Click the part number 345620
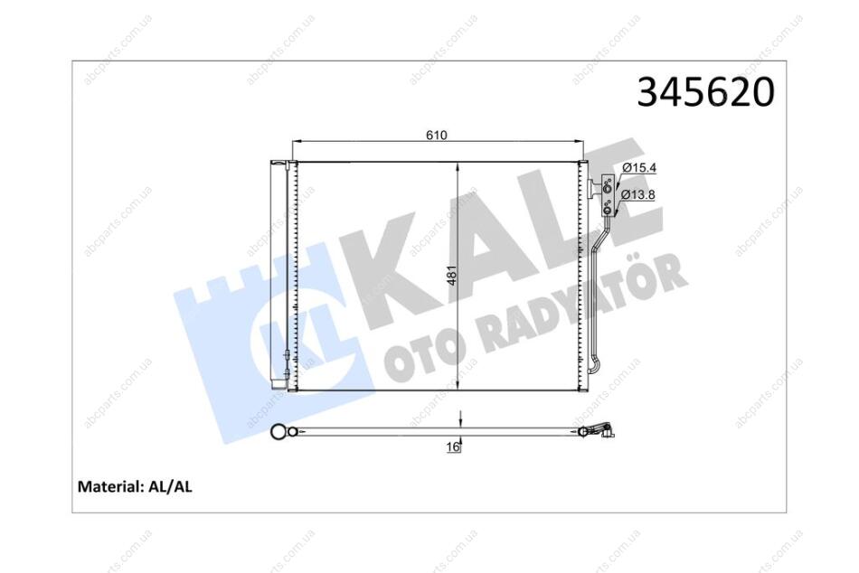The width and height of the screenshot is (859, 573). tap(705, 91)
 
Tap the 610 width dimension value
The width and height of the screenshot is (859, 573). tap(437, 135)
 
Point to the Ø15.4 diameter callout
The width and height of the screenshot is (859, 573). tap(638, 168)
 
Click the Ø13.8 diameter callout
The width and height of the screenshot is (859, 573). tap(637, 194)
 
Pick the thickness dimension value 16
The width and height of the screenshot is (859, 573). tap(452, 447)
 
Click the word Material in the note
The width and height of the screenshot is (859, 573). tap(110, 486)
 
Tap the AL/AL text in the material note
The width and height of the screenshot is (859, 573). tap(170, 486)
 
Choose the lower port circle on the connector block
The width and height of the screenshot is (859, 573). tap(607, 207)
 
